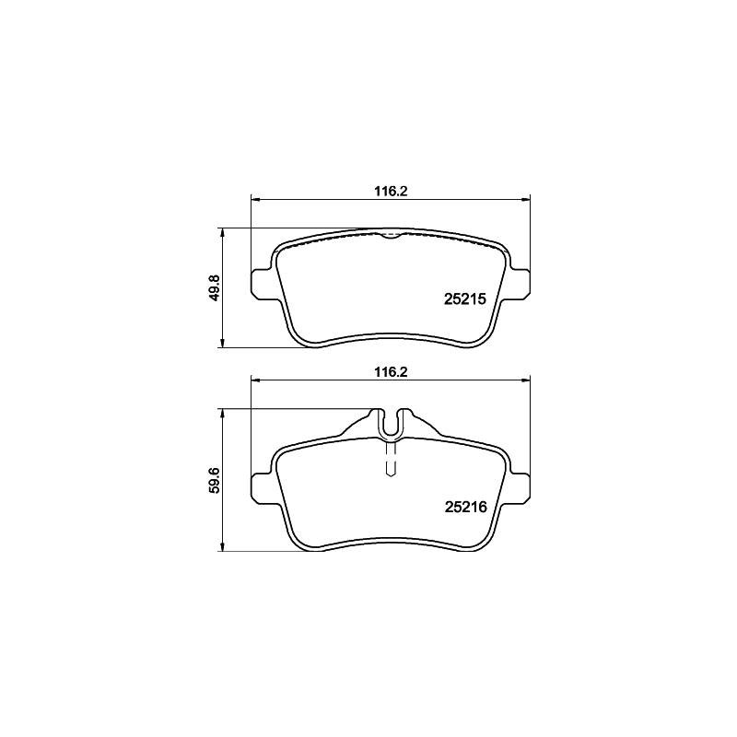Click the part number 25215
[464, 299]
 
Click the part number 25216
[465, 507]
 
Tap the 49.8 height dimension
[216, 288]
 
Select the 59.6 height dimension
[216, 479]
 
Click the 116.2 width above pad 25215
[390, 192]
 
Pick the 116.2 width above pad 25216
[390, 372]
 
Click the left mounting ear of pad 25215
[261, 284]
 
